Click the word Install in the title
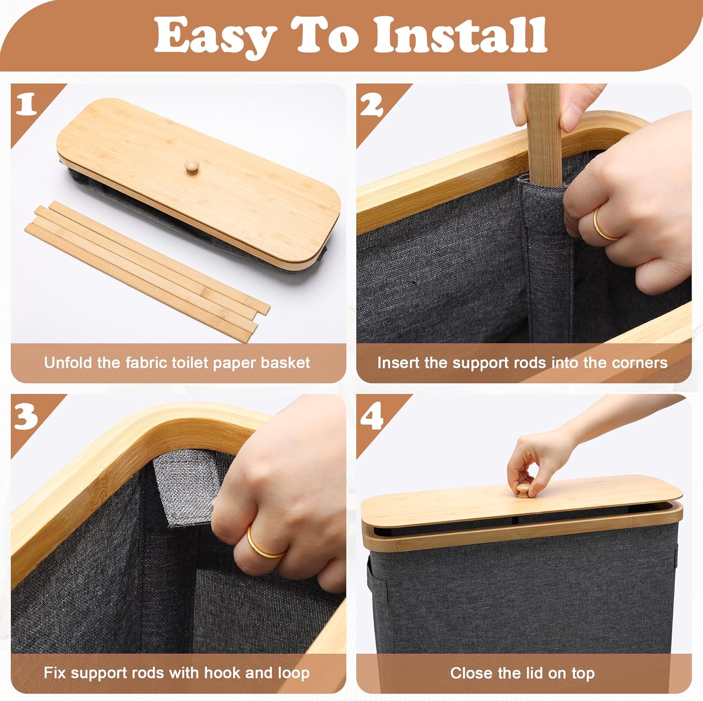[460, 35]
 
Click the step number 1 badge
[26, 104]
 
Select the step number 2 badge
[372, 104]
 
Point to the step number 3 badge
[26, 415]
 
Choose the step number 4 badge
[372, 415]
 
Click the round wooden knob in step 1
[192, 166]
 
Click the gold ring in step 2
[605, 225]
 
